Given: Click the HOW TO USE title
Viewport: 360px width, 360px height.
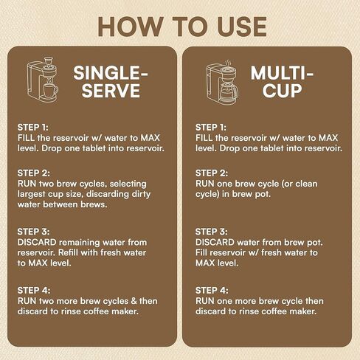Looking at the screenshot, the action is pos(182,27).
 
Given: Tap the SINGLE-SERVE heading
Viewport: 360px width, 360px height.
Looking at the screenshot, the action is pos(111,82).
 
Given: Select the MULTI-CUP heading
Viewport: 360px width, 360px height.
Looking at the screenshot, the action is pos(282,82).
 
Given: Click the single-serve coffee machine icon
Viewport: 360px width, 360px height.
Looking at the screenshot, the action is pos(43,80).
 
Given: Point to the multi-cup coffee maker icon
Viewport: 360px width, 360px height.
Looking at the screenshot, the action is pos(222,82).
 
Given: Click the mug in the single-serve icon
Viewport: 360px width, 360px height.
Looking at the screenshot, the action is pos(51,90).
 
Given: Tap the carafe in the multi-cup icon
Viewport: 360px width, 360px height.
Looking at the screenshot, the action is pos(229,91).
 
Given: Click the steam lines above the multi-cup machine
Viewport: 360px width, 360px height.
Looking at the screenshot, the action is pos(229,63).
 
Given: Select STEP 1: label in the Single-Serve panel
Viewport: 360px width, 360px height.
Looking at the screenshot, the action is pos(33,128).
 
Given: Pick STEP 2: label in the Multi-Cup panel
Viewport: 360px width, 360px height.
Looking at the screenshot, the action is pos(212,173).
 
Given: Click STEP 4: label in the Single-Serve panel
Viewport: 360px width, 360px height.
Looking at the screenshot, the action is pos(34,291).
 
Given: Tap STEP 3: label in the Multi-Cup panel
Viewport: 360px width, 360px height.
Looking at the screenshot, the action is pos(212,232).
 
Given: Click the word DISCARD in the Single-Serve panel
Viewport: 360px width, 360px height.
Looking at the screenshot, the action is pos(37,242).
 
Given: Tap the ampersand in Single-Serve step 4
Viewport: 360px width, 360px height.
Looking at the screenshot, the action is pos(134,301).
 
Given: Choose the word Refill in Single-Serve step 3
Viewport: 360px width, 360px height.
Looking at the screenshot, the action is pos(68,252).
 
